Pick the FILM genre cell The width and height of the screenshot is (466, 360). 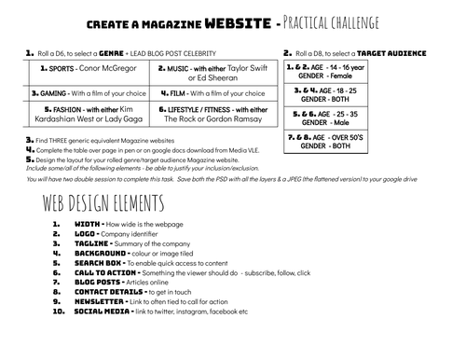coord(213,93)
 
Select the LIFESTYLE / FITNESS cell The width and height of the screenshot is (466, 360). coord(213,116)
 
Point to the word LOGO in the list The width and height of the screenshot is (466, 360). coord(87,234)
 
